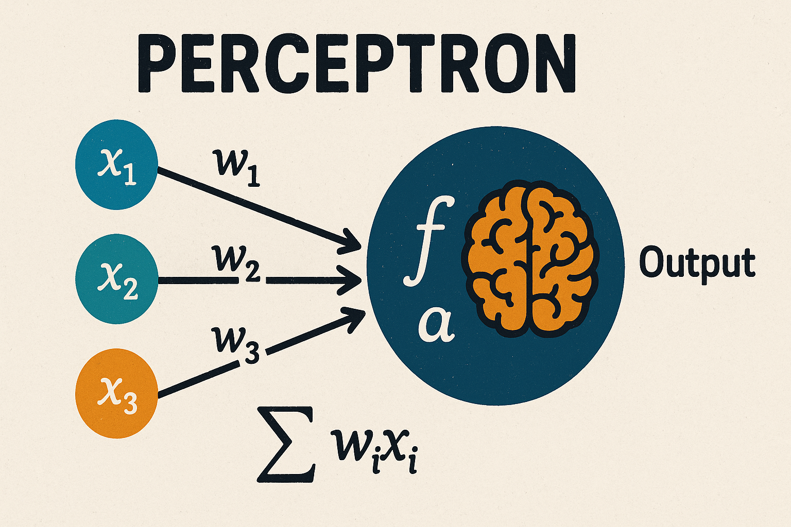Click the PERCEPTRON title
[x=356, y=65]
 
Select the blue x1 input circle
[x=116, y=168]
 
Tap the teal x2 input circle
[x=116, y=279]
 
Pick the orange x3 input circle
[x=116, y=393]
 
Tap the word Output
[x=697, y=263]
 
